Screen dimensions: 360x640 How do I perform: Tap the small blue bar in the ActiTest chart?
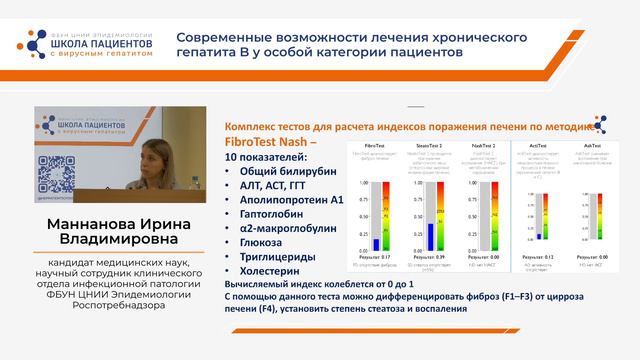pyautogui.click(x=538, y=237)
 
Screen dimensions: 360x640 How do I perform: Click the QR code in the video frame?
pyautogui.click(x=46, y=182)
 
